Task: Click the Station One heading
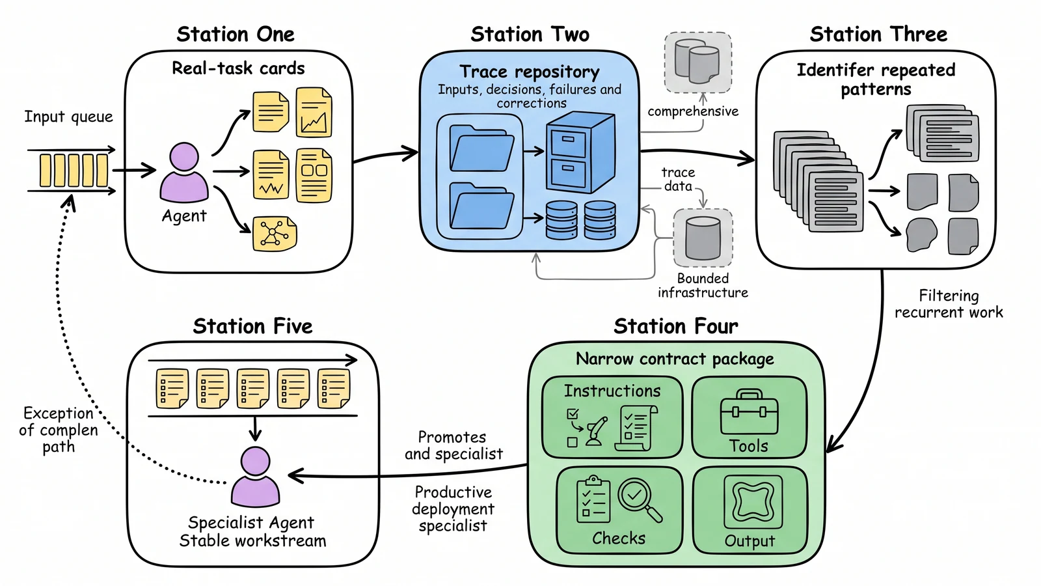tap(236, 35)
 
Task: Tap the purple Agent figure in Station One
tap(184, 172)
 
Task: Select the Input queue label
tap(69, 117)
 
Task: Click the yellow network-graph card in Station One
tap(275, 234)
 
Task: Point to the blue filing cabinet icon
tap(581, 152)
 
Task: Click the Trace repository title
tap(530, 72)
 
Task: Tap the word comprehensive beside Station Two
tap(693, 111)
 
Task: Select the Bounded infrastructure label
tap(703, 286)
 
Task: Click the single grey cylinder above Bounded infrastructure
tap(703, 238)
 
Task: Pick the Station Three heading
tap(878, 35)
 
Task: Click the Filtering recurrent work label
tap(949, 303)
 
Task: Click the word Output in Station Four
tap(750, 541)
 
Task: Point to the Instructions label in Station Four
tap(612, 391)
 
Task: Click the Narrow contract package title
tap(675, 359)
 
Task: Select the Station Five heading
tap(253, 326)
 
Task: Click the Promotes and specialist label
tap(453, 445)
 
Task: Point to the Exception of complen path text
tap(59, 430)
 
